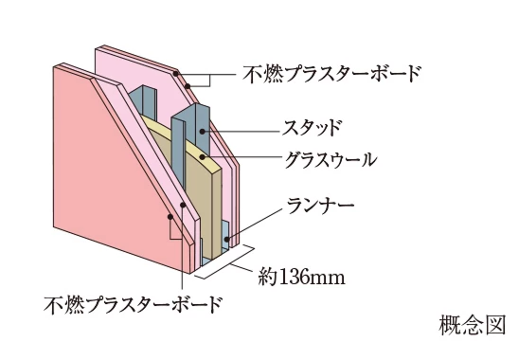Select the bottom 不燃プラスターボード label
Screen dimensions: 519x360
133,304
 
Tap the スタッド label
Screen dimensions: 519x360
312,125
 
